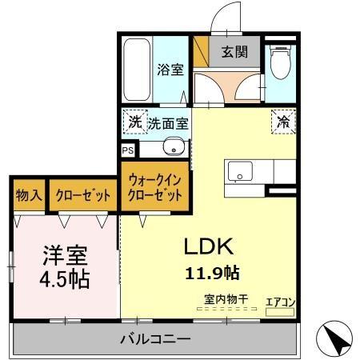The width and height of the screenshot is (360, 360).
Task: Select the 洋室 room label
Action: coord(65,258)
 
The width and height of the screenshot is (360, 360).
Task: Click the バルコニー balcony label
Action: coord(155,339)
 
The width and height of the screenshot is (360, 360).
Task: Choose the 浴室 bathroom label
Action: coord(170,69)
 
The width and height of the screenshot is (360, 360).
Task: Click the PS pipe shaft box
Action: coord(127,150)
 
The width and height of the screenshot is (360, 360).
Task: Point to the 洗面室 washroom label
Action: coord(168,124)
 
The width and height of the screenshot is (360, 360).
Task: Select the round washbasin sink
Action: coord(172,147)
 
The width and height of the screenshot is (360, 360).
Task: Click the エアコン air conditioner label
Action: coord(281,302)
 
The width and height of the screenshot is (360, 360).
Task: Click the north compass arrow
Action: coord(339,339)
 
